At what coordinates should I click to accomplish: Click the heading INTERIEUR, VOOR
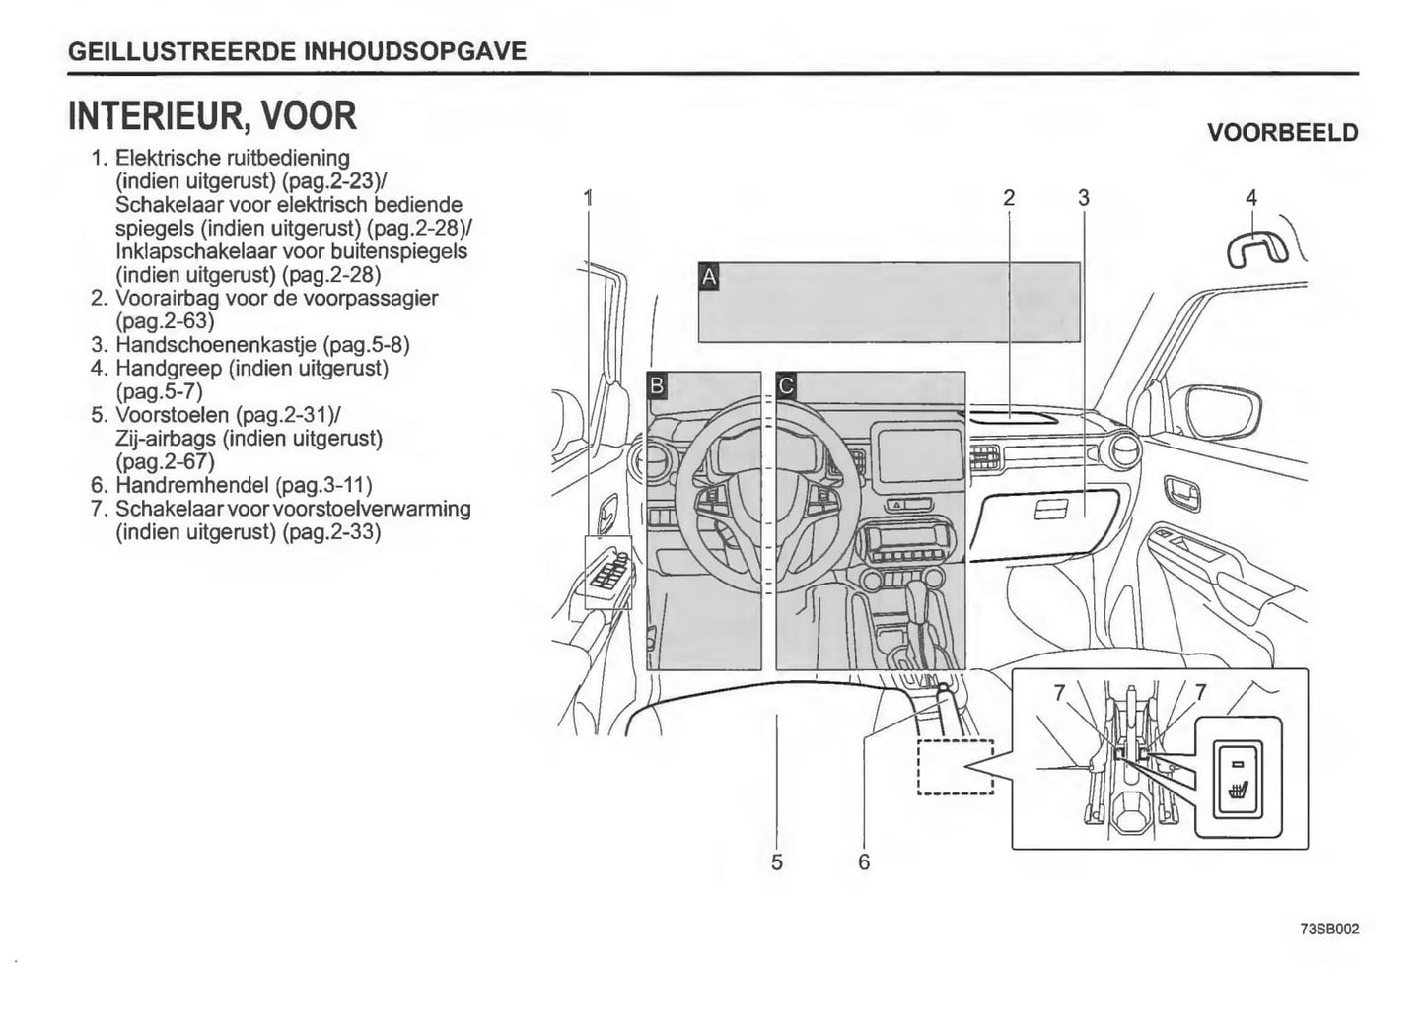(x=212, y=116)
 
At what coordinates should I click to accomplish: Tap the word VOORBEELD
(x=1282, y=133)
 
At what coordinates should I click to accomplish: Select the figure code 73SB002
(x=1329, y=929)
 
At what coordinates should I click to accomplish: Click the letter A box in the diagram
(x=708, y=277)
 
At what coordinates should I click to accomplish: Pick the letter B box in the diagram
(x=657, y=385)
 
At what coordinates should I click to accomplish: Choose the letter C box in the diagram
(x=786, y=385)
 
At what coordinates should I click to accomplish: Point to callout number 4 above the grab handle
(x=1251, y=198)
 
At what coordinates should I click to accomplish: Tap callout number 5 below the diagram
(x=777, y=861)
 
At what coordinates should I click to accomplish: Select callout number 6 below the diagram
(x=864, y=861)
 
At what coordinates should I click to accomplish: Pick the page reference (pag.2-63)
(x=165, y=321)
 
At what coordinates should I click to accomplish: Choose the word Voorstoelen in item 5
(x=172, y=415)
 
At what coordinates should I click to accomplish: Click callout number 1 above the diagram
(x=589, y=198)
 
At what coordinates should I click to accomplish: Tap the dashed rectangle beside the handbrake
(x=955, y=767)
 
